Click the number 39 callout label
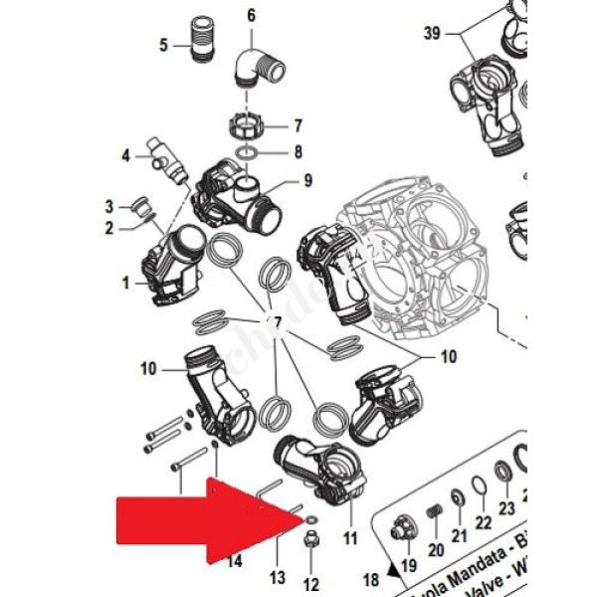pos(431,33)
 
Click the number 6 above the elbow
pos(250,15)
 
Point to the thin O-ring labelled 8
pos(249,152)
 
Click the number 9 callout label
pos(308,180)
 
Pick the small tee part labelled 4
pos(167,159)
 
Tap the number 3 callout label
pos(110,206)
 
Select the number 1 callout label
pos(126,283)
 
